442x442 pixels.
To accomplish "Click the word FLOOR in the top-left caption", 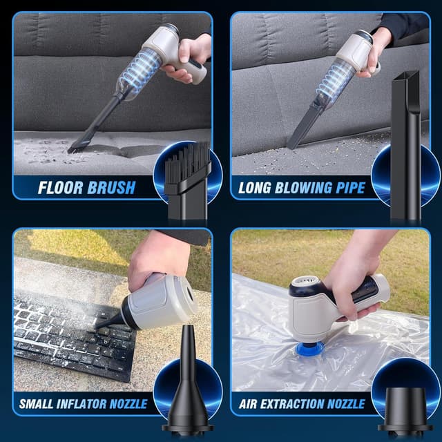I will click(61, 187).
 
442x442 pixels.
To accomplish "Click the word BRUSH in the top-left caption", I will click(110, 187).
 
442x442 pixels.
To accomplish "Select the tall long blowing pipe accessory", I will click(405, 138).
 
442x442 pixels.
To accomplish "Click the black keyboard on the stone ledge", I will click(69, 331).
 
